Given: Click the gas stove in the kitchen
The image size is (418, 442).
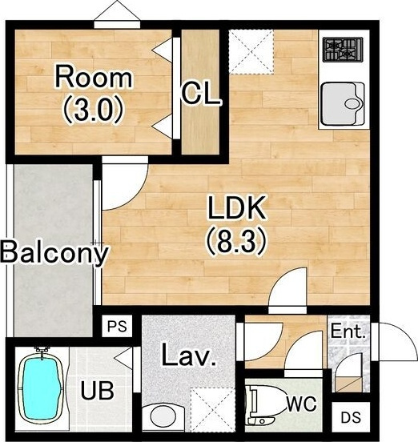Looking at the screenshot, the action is [343, 50].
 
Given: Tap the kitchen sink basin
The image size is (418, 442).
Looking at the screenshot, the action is [343, 104].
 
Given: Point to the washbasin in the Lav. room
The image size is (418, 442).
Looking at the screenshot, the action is [163, 417].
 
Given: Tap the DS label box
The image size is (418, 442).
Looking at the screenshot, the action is [351, 417].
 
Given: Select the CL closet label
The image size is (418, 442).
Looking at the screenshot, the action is [200, 94].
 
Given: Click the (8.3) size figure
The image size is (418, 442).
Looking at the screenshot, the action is [236, 241].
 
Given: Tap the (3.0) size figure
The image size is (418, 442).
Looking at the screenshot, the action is [94, 110].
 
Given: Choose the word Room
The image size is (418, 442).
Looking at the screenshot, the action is [94, 76].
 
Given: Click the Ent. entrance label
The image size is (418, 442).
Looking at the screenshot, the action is [348, 331].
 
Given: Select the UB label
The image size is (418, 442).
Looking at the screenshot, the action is [97, 391].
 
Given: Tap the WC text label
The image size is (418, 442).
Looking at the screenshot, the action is [302, 404].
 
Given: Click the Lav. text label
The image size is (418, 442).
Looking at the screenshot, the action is [189, 355].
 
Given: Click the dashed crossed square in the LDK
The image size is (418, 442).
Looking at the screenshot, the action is [251, 52].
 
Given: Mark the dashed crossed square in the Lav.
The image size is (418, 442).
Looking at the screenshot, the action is [213, 409].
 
